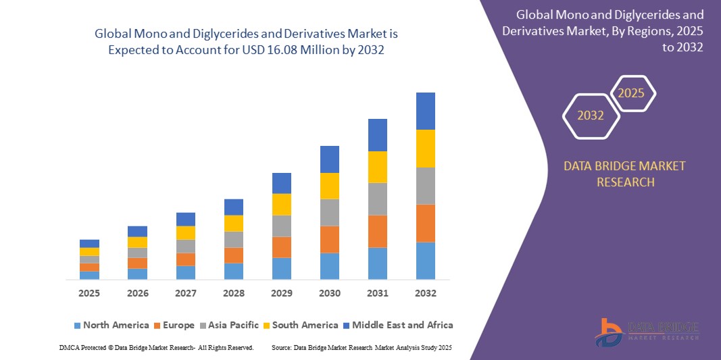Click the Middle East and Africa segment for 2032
[425, 111]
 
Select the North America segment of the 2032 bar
[425, 261]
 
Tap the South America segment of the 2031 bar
[377, 167]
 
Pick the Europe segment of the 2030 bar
[329, 239]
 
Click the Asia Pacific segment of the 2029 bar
[281, 226]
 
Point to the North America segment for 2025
[89, 275]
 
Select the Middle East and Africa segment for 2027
[185, 219]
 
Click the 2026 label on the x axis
[137, 294]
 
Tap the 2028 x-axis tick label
[233, 294]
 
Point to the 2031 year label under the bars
[377, 294]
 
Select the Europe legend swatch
[158, 326]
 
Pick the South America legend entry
[305, 325]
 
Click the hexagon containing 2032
[591, 115]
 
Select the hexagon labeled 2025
[632, 93]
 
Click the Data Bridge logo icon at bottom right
[610, 332]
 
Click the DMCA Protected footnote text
[156, 347]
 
